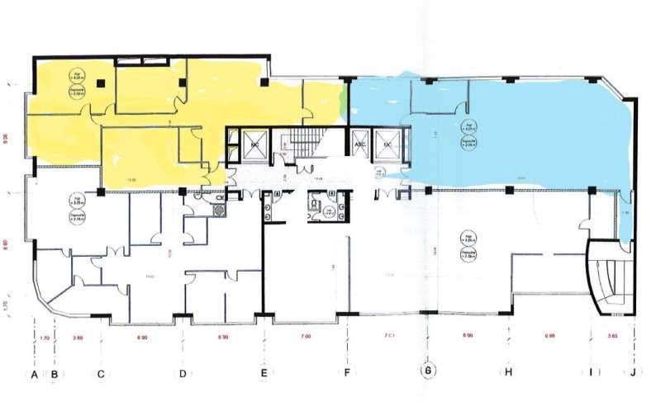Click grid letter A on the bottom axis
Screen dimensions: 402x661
pos(35,374)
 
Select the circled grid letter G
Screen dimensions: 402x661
pos(428,371)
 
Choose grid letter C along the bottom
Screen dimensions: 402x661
pos(100,374)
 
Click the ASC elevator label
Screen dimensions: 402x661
pos(359,144)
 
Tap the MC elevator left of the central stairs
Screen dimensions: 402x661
pos(255,144)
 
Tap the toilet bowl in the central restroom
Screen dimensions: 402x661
pos(314,203)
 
